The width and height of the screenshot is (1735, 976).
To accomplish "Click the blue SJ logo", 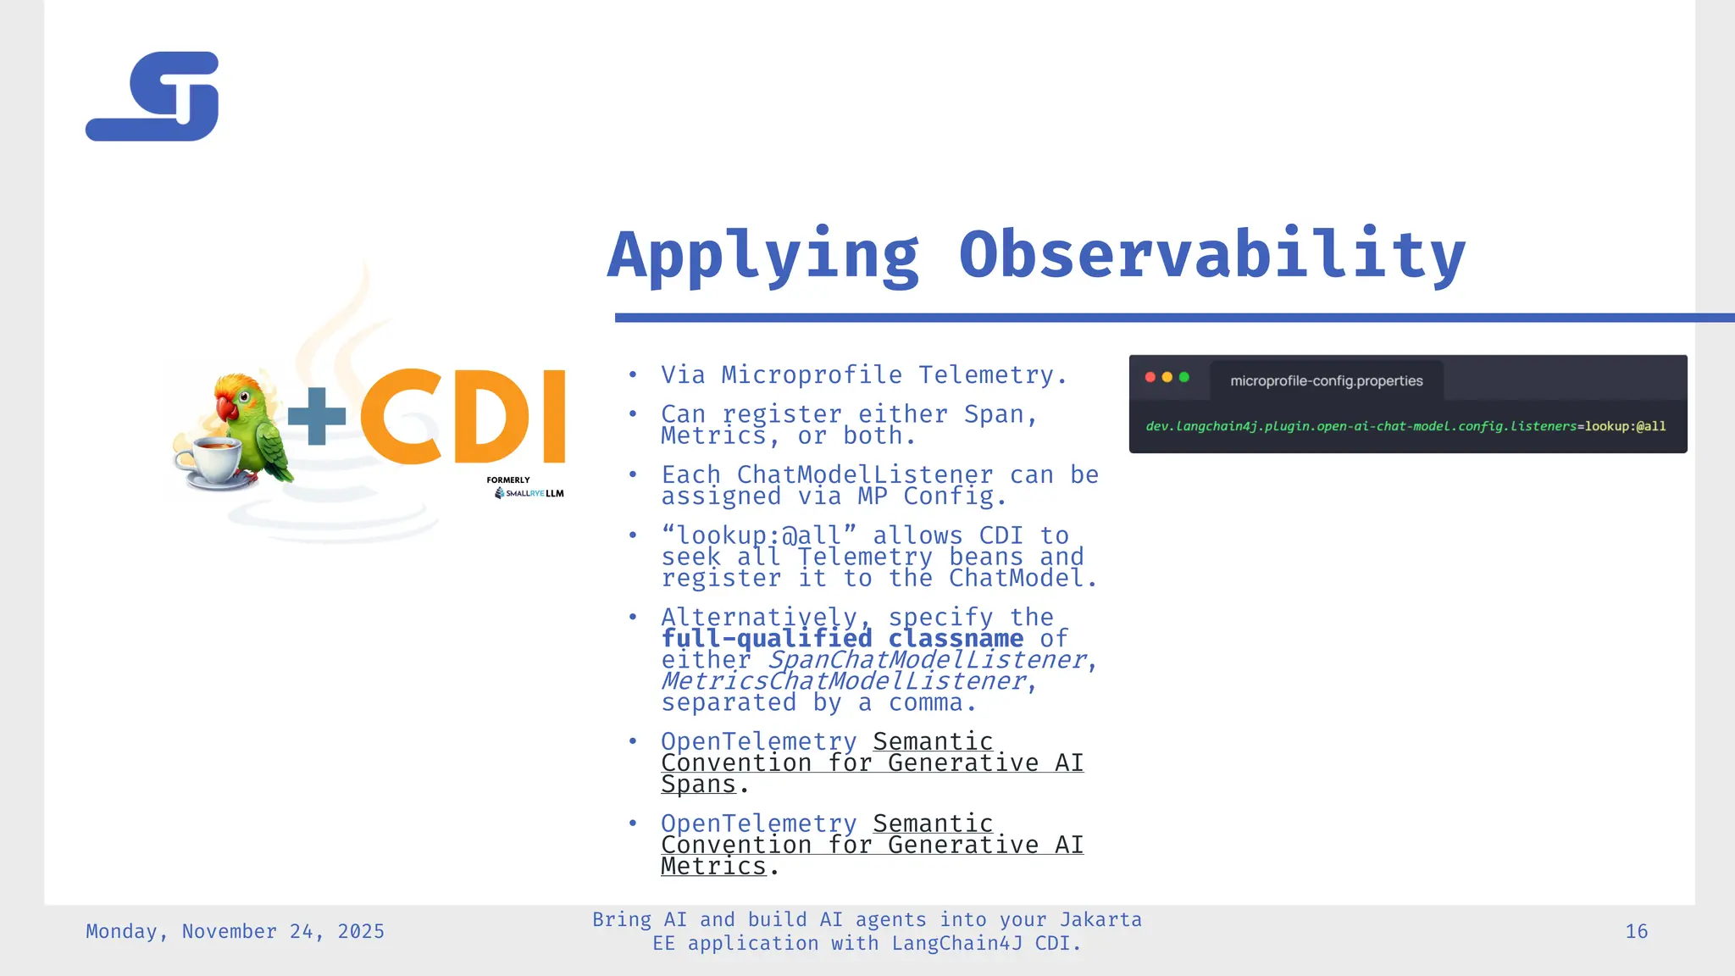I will click(x=152, y=97).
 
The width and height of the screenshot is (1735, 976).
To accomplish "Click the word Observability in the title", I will click(x=1211, y=254).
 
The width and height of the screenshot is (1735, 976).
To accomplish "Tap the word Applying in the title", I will click(x=763, y=254).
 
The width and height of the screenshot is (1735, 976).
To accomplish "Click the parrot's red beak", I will click(x=227, y=408).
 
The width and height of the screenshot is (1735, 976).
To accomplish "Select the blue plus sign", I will click(x=317, y=416).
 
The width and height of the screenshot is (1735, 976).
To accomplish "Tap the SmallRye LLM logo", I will click(x=529, y=493).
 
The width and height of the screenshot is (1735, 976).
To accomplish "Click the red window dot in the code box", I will click(x=1150, y=377).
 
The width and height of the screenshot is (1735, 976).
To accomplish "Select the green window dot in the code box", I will click(x=1184, y=377).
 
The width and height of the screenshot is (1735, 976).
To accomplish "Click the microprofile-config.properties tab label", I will click(x=1326, y=381).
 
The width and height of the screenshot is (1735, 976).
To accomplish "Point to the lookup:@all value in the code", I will click(x=1625, y=426).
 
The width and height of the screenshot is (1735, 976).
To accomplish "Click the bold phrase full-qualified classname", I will click(x=842, y=639).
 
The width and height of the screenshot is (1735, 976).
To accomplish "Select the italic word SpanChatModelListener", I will click(x=926, y=660).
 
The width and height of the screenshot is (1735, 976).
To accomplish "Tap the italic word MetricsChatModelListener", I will click(x=844, y=681).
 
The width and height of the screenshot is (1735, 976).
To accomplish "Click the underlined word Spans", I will click(x=698, y=785).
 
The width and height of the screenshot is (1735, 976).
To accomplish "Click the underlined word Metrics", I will click(x=713, y=867).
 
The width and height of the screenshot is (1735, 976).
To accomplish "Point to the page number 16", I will click(x=1636, y=932).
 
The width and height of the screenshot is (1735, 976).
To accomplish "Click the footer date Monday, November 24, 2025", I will click(x=235, y=932).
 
